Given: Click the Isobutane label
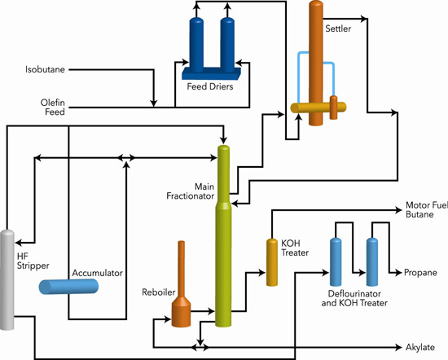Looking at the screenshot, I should coord(44,70).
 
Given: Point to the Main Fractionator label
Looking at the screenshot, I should coord(193,191).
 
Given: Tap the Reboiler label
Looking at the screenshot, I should coord(152,291).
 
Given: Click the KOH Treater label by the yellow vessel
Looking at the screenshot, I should coord(295,248).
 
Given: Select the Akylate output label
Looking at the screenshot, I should coord(421,347).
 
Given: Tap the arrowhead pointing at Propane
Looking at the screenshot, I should coord(398,273).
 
